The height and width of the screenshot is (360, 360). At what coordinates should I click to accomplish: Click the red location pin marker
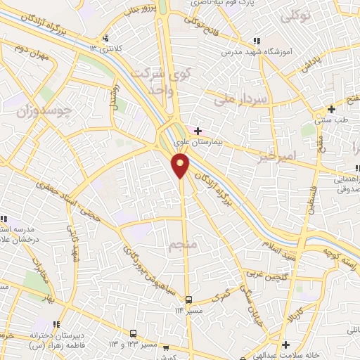tap(181, 165)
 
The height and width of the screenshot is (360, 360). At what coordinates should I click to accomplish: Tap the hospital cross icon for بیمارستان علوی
tap(198, 131)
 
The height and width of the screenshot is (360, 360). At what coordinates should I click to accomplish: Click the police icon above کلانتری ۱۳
tap(105, 38)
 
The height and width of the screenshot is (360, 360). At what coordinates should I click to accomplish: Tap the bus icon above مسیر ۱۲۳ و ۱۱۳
tap(134, 334)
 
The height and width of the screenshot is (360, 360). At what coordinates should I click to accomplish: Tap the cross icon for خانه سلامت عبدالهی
tap(285, 345)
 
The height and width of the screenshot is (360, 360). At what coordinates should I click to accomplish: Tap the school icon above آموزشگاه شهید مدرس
tap(257, 41)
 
